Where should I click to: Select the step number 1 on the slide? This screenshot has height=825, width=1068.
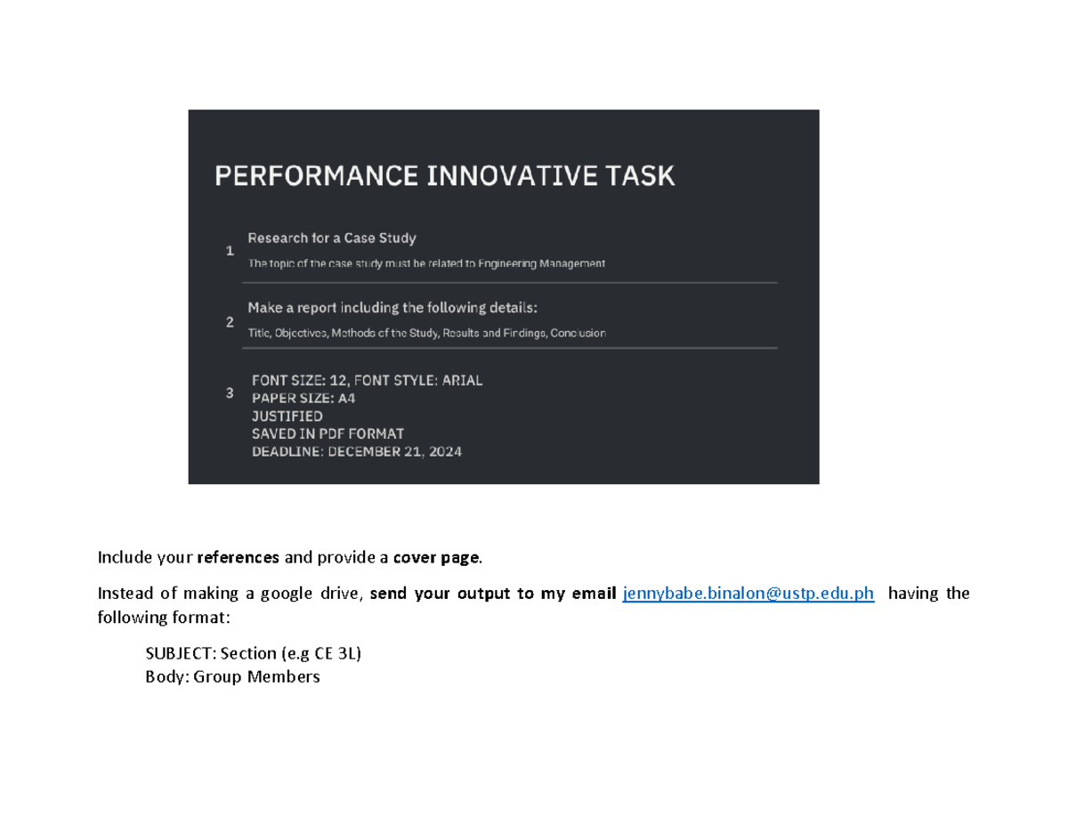pyautogui.click(x=230, y=252)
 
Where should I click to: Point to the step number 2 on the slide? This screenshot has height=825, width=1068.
pyautogui.click(x=230, y=322)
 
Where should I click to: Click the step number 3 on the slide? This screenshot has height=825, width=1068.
pyautogui.click(x=230, y=392)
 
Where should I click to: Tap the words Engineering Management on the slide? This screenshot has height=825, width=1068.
pyautogui.click(x=541, y=263)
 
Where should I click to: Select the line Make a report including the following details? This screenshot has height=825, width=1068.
pyautogui.click(x=392, y=308)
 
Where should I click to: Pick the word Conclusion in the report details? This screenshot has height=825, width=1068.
pyautogui.click(x=578, y=333)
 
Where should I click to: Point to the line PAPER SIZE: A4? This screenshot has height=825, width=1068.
pyautogui.click(x=303, y=398)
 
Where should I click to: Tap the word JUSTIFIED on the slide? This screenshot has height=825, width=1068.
pyautogui.click(x=287, y=416)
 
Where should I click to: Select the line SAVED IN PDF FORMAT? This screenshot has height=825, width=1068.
pyautogui.click(x=328, y=433)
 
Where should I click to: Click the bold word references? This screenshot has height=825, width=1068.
pyautogui.click(x=238, y=558)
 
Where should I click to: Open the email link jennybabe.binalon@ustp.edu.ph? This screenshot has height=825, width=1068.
pyautogui.click(x=748, y=594)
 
